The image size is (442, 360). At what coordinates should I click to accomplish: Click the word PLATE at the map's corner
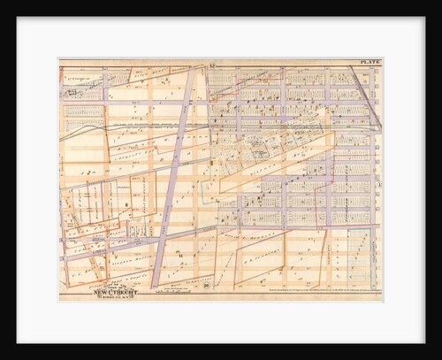pyautogui.click(x=370, y=62)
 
